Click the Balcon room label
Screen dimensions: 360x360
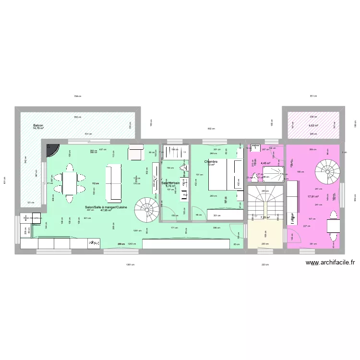38,125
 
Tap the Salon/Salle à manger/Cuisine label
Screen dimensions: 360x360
106,207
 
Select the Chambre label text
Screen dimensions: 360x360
211,162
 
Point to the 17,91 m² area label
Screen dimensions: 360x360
313,195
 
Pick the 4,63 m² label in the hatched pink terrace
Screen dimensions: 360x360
313,126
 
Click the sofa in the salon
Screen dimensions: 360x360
114,182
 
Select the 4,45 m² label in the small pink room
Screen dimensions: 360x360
264,163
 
